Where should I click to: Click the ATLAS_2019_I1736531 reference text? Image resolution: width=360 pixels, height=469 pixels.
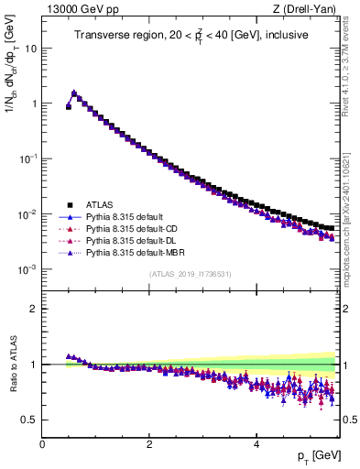[x=190, y=275]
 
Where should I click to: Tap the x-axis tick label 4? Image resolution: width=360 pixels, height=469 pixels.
[x=256, y=444]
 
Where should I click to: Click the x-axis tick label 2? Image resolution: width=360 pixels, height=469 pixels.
[x=148, y=444]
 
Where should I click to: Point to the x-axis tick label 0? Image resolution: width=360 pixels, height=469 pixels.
[x=42, y=444]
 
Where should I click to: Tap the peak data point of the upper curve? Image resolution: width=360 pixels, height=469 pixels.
[x=74, y=93]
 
